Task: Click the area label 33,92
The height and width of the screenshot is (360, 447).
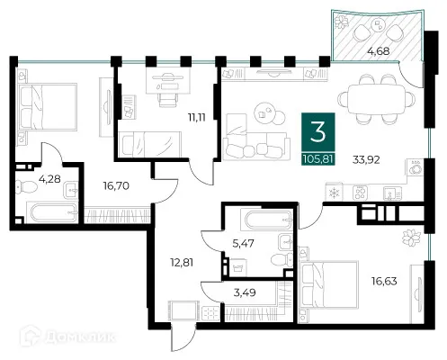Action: click(x=366, y=160)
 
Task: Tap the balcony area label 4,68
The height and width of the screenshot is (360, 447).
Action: click(x=379, y=51)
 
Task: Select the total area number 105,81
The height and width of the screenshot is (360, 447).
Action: click(x=317, y=159)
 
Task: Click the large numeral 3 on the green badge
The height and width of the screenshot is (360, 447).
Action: click(x=317, y=132)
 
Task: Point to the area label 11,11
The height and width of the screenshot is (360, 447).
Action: click(x=196, y=117)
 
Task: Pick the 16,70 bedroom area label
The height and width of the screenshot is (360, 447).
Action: click(x=116, y=186)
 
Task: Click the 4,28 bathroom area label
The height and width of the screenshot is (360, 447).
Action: click(x=49, y=179)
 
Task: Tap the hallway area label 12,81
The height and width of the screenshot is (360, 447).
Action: click(x=182, y=263)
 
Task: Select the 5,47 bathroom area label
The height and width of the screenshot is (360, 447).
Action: click(x=243, y=243)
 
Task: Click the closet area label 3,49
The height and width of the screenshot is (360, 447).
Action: click(x=245, y=292)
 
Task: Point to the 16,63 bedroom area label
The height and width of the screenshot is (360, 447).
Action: click(x=384, y=281)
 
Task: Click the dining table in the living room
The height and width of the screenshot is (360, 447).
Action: click(x=376, y=99)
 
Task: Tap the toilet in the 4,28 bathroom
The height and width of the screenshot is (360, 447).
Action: click(x=26, y=186)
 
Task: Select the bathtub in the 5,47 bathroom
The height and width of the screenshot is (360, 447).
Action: click(x=268, y=220)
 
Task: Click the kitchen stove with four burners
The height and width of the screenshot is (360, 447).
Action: click(x=360, y=193)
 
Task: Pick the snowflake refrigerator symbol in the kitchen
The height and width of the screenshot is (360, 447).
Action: click(x=334, y=193)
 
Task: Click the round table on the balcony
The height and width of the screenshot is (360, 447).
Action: click(x=379, y=24)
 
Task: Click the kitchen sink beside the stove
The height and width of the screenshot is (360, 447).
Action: click(x=392, y=193)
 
